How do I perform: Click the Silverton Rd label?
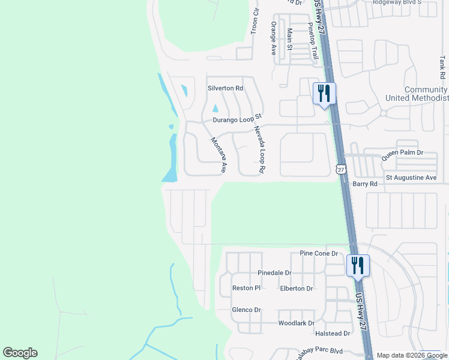click(225, 88)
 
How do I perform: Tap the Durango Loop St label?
click(238, 119)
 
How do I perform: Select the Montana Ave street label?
click(217, 155)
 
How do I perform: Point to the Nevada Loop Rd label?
click(259, 150)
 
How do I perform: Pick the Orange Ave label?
click(273, 38)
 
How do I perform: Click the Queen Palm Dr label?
click(402, 154)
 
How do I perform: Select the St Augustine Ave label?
click(411, 178)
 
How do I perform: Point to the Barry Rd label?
click(365, 184)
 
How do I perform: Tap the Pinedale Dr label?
click(274, 272)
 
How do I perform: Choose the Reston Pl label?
click(246, 288)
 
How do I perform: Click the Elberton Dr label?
click(297, 289)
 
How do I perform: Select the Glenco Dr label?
click(246, 310)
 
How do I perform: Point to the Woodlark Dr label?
click(297, 323)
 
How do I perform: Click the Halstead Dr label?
click(334, 333)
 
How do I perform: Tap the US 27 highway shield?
click(341, 170)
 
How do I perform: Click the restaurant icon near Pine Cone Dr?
click(358, 266)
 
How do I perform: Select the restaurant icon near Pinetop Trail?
click(324, 94)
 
